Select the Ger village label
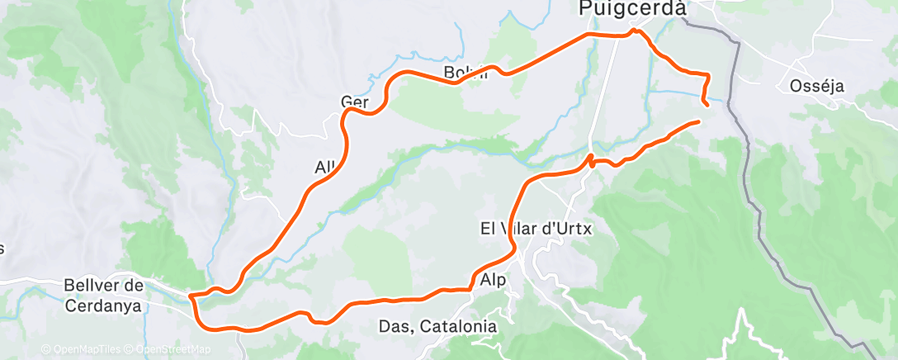point(353,102)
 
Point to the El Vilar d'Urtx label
point(536,228)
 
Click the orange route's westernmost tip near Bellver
point(190,296)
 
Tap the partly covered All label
point(324,167)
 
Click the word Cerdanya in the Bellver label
point(104,306)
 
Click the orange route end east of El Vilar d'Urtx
point(698,121)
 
